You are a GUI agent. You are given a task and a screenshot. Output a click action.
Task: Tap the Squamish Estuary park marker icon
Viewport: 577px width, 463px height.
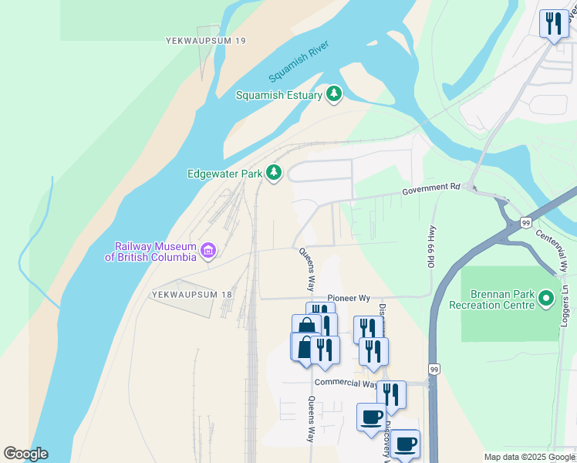(x=334, y=94)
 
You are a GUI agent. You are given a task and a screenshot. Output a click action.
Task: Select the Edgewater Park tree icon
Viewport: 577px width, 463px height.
(x=273, y=173)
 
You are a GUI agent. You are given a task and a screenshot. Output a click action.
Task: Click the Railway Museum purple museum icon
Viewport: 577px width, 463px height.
(x=208, y=250)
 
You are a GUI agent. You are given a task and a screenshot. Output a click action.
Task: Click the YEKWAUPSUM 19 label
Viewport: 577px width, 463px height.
(x=205, y=40)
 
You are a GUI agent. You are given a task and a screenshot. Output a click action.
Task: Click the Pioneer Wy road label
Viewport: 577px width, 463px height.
(x=349, y=297)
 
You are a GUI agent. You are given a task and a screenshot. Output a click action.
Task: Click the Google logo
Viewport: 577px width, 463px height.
(x=25, y=454)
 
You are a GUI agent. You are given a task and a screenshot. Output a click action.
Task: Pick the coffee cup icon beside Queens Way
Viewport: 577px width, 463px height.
(x=370, y=417)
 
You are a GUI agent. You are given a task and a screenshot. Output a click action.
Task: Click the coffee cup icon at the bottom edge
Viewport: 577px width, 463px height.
(x=405, y=444)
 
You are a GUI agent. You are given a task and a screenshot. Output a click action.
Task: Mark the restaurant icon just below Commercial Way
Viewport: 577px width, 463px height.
(x=391, y=394)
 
